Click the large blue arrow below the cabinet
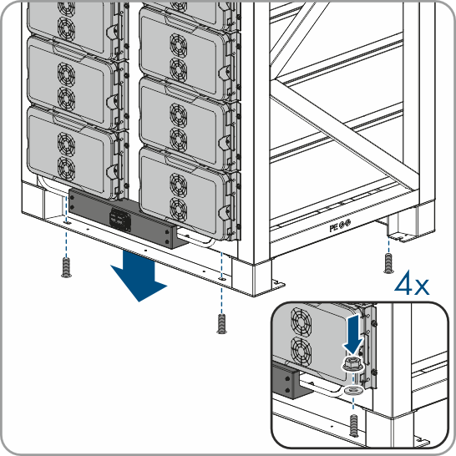tap(138, 276)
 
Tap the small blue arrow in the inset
tap(352, 334)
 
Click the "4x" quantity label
tap(412, 282)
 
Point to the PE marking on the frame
tap(340, 225)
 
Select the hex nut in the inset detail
tap(352, 363)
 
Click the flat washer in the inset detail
tap(352, 390)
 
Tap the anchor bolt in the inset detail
tap(353, 425)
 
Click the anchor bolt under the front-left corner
tap(67, 267)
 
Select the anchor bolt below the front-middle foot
tap(221, 323)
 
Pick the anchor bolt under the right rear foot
tap(388, 263)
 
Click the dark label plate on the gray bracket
tap(119, 220)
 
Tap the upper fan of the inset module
tap(301, 322)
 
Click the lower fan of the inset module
tap(301, 351)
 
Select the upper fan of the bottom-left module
tap(66, 144)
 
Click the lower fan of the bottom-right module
tap(178, 209)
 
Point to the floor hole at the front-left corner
tap(67, 222)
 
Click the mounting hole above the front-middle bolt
tap(222, 279)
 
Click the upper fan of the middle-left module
tap(66, 73)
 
